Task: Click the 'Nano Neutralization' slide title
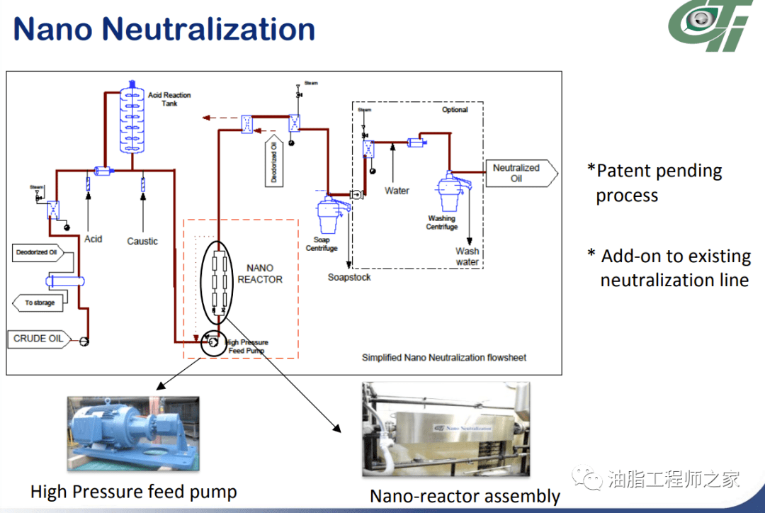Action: [x=164, y=30]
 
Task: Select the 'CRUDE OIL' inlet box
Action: [x=38, y=339]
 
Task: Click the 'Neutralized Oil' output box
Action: [x=516, y=173]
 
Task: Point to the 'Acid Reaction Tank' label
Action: [x=169, y=99]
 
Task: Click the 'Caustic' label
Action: [x=142, y=241]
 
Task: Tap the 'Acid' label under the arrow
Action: [x=93, y=239]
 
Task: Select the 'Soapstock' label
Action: [x=349, y=277]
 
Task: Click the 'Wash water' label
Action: [x=467, y=256]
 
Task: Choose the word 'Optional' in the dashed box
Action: [x=455, y=110]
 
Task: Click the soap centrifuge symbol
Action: [x=328, y=213]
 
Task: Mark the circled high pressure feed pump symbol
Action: [x=210, y=344]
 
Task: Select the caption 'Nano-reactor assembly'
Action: [x=465, y=496]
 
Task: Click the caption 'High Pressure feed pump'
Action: [x=134, y=491]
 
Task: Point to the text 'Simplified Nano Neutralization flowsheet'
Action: [x=444, y=358]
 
